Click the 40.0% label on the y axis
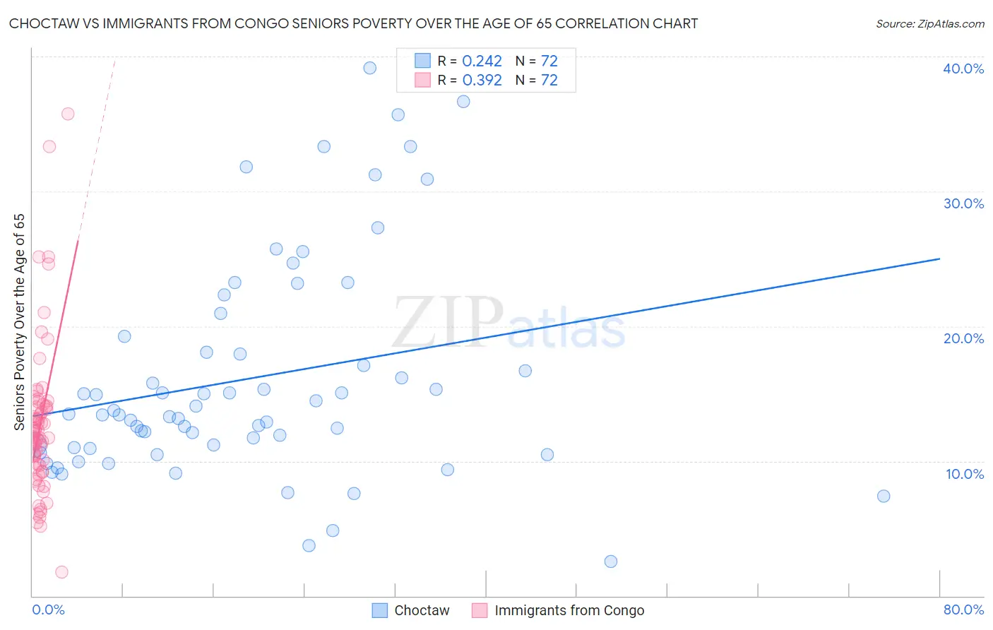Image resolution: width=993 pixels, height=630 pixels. click(x=963, y=69)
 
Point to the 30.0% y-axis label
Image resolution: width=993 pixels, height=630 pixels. click(x=963, y=203)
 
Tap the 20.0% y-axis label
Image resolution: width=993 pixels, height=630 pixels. click(x=963, y=338)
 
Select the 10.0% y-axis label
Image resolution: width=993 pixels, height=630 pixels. click(x=965, y=474)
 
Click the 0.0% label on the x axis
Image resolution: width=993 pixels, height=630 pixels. click(x=48, y=610)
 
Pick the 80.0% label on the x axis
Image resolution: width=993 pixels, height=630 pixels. click(x=963, y=610)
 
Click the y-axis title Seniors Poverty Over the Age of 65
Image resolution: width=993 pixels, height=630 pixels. click(x=19, y=321)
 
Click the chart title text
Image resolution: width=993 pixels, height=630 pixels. click(x=353, y=24)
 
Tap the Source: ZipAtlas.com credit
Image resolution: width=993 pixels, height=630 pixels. click(x=929, y=24)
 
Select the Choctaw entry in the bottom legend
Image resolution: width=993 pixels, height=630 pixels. click(x=421, y=610)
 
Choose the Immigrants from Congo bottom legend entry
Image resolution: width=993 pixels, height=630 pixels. click(x=569, y=610)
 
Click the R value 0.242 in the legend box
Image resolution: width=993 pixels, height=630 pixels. click(x=482, y=61)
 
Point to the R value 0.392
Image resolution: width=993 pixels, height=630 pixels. click(x=482, y=81)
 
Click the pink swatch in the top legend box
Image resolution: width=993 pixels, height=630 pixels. click(x=422, y=81)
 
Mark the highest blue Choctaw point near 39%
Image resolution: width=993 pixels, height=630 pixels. click(x=369, y=68)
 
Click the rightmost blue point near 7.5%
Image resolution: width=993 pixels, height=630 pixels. click(x=884, y=496)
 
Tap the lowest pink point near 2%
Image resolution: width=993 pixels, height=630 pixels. click(x=61, y=572)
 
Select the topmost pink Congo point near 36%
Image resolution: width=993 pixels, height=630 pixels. click(x=68, y=114)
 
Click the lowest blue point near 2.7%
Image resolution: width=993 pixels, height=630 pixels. click(x=611, y=561)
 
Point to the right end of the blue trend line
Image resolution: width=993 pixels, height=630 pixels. click(x=939, y=258)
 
